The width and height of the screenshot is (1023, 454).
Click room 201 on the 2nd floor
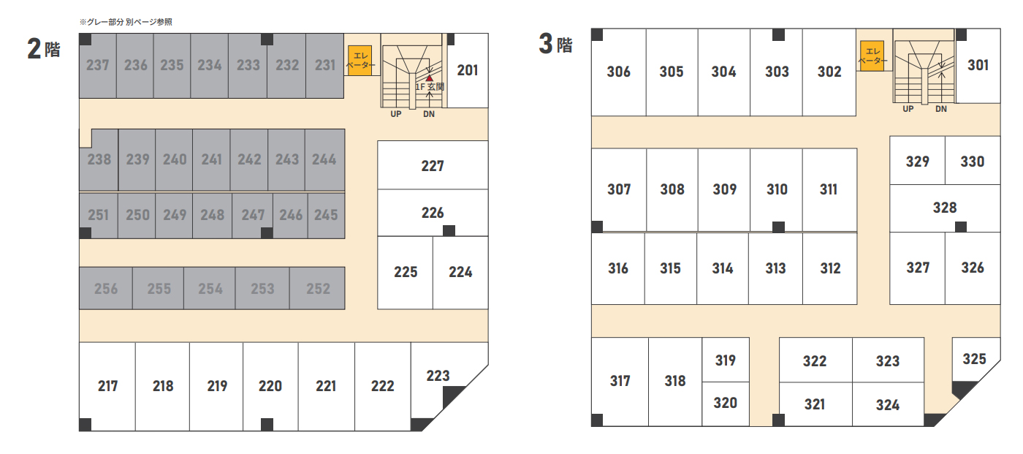tap(468, 70)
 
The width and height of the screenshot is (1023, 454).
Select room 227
tap(433, 165)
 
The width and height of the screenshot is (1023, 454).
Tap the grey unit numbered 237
tap(98, 65)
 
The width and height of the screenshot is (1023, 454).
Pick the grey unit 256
tap(106, 288)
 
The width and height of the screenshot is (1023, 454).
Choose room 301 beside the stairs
tap(978, 65)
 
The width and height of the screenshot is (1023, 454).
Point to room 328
tap(945, 208)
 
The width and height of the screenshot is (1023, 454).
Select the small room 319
tap(725, 360)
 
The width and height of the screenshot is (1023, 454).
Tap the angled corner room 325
tap(975, 359)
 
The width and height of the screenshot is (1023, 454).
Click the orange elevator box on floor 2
tap(360, 60)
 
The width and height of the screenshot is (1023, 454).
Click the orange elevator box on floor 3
tap(872, 56)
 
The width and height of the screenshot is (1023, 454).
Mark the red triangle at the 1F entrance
tap(430, 78)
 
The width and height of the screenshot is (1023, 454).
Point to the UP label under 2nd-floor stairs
tap(396, 114)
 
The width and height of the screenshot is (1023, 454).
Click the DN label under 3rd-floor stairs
tap(941, 109)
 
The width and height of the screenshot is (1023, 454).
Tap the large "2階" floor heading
tap(44, 48)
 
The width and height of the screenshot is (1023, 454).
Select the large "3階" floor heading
tap(555, 44)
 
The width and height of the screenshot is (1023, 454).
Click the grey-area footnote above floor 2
tap(126, 22)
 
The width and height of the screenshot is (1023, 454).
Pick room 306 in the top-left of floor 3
tap(618, 72)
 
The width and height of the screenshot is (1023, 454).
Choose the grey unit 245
tap(326, 215)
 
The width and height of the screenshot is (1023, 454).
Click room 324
tap(888, 405)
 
